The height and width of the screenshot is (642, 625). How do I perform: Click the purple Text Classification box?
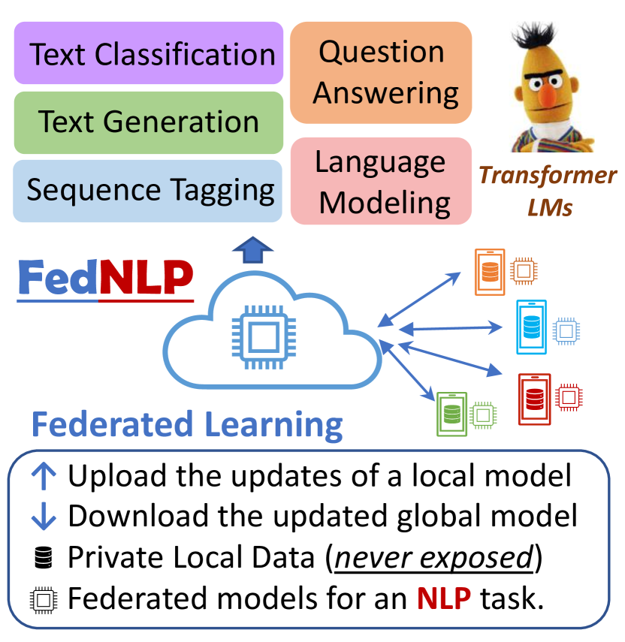click(x=148, y=55)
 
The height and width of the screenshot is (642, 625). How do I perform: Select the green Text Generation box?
click(x=148, y=122)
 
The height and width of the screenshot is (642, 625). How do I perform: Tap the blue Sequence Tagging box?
click(x=148, y=190)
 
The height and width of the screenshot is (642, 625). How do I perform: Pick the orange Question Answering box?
click(x=381, y=72)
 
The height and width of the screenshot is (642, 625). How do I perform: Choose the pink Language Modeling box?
click(x=381, y=182)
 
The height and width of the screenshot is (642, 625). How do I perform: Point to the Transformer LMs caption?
click(x=548, y=191)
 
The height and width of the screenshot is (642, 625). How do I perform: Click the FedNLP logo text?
click(x=104, y=278)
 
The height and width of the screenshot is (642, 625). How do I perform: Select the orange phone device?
click(x=490, y=272)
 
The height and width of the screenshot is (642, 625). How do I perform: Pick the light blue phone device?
click(x=532, y=327)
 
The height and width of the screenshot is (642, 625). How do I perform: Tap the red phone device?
click(x=534, y=398)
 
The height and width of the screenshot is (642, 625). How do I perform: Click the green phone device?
click(x=452, y=414)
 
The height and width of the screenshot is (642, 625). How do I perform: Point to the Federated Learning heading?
click(x=187, y=424)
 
